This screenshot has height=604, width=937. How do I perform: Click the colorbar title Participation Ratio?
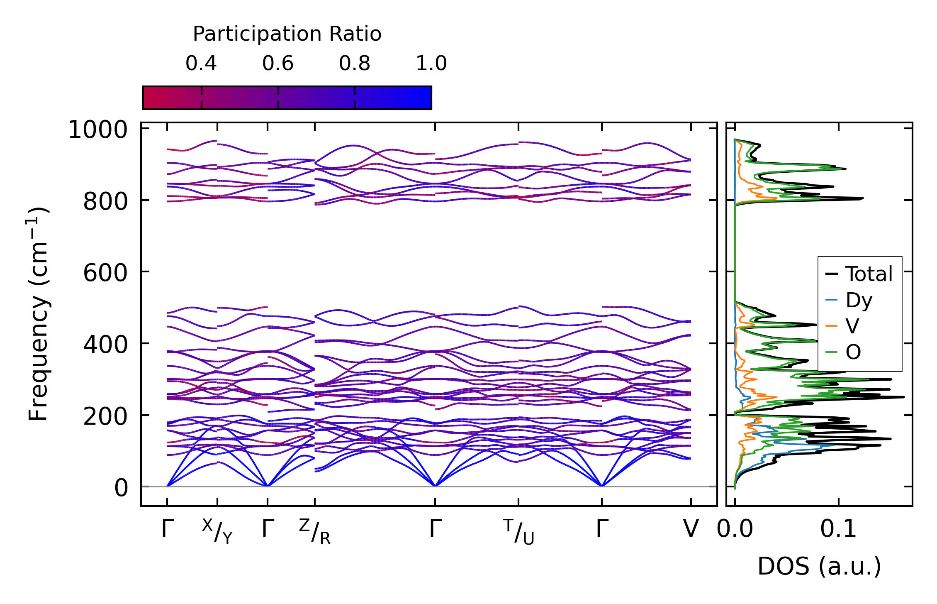(287, 34)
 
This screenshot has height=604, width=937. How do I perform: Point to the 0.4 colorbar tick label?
(201, 64)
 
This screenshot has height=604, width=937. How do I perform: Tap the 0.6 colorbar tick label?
(278, 64)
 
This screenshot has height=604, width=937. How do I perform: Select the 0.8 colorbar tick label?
(355, 64)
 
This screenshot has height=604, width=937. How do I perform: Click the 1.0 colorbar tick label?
(431, 64)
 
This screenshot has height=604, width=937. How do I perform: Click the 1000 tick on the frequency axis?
(98, 130)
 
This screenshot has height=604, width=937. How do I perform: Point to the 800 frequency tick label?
(105, 202)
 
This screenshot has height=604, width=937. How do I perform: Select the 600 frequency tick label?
(105, 274)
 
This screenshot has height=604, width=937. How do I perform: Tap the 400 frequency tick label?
(105, 345)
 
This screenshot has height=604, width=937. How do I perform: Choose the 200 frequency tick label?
(105, 416)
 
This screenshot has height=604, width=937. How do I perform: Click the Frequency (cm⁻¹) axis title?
(39, 314)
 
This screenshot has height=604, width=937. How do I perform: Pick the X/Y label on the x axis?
(217, 531)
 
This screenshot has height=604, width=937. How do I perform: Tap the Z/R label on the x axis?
(315, 531)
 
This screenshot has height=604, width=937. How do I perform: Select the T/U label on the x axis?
(518, 531)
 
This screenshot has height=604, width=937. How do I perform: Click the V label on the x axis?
(691, 529)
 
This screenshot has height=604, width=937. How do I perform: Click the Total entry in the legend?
(869, 274)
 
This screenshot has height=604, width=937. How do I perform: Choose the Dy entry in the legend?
(859, 300)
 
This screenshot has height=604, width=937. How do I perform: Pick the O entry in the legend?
(853, 352)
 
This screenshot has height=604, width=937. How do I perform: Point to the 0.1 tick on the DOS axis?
(838, 529)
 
